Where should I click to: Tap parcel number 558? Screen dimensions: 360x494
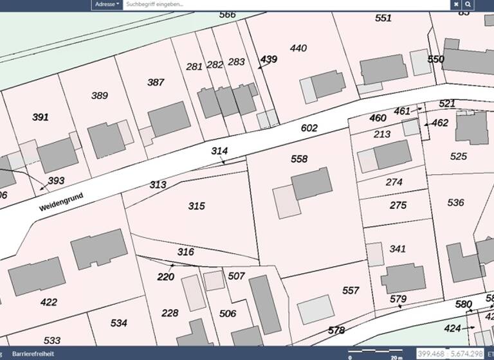299,159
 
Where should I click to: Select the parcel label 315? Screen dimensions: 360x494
196,206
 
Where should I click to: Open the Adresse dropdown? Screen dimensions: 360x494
107,4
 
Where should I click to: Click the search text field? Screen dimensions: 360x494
286,4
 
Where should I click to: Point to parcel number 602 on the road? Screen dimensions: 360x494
309,128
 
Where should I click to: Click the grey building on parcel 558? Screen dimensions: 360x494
312,183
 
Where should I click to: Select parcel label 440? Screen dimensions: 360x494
298,48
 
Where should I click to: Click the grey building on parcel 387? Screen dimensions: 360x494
169,119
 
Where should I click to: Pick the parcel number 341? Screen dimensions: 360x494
398,249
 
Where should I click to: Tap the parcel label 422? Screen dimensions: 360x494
48,302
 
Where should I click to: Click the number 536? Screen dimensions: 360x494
455,203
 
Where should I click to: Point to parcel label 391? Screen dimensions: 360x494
41,117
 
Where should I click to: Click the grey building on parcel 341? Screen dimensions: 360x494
403,278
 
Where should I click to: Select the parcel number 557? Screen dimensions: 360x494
351,291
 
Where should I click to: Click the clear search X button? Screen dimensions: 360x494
456,4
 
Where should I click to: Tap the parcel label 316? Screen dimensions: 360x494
185,252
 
